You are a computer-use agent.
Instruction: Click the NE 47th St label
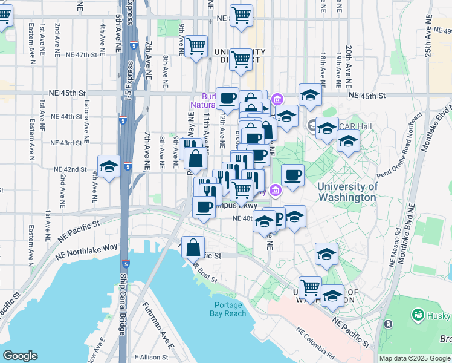[x=82, y=54]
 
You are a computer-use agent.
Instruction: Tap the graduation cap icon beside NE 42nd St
[x=109, y=166]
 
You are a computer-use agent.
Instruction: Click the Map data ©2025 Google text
[x=415, y=358]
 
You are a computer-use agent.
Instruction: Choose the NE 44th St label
[x=66, y=116]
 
